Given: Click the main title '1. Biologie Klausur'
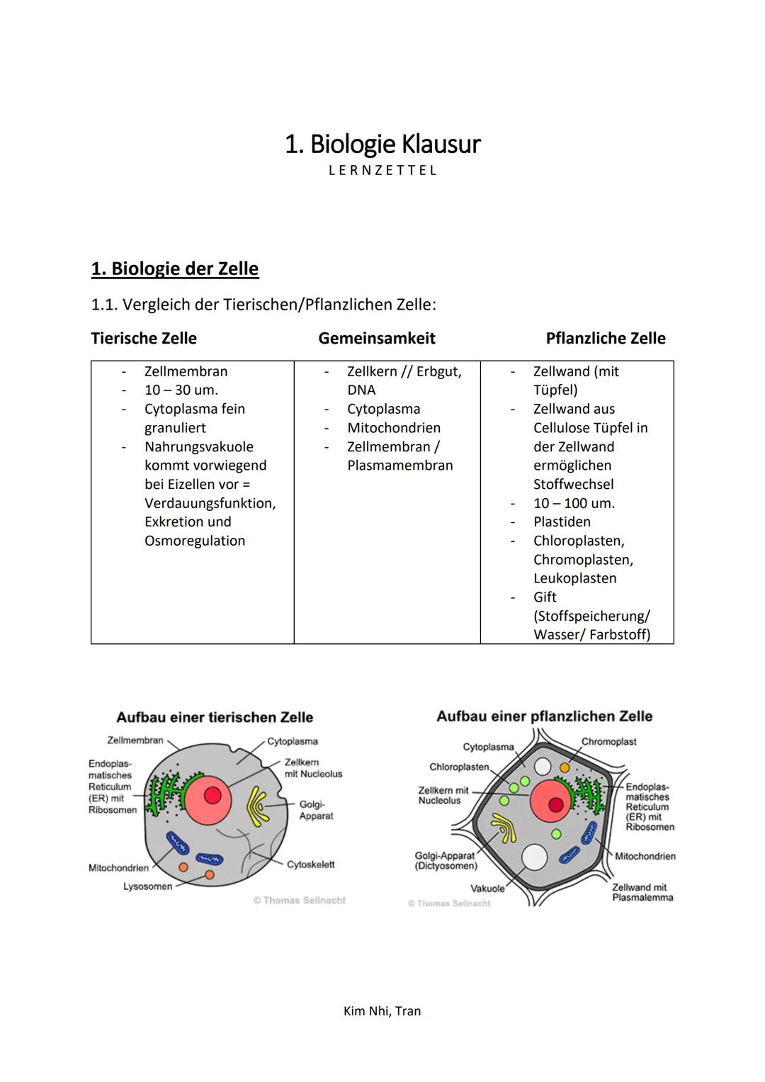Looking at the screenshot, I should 382,144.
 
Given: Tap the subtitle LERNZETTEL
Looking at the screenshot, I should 382,171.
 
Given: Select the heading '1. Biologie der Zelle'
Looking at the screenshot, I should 175,269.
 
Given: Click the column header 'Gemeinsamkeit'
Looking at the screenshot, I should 377,338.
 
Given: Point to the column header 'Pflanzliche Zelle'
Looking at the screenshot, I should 606,338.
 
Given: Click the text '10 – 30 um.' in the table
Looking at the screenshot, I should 181,390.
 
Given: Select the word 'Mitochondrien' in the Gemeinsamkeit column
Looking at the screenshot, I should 394,428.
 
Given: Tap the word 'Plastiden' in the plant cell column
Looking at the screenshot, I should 562,522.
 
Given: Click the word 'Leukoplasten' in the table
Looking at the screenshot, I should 574,578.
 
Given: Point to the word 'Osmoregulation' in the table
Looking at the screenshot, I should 195,541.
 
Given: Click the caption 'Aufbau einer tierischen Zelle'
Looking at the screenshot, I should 215,717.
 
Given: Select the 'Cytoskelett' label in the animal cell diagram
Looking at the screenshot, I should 310,864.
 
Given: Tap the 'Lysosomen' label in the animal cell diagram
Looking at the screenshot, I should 147,886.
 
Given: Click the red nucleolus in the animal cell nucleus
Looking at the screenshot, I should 212,796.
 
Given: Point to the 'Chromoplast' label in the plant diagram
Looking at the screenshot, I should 608,741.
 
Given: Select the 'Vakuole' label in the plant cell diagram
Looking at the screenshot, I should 487,889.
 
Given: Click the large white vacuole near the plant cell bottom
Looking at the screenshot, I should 534,857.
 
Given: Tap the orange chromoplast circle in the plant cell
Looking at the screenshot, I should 565,767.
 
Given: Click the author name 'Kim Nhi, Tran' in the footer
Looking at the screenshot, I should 382,1011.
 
